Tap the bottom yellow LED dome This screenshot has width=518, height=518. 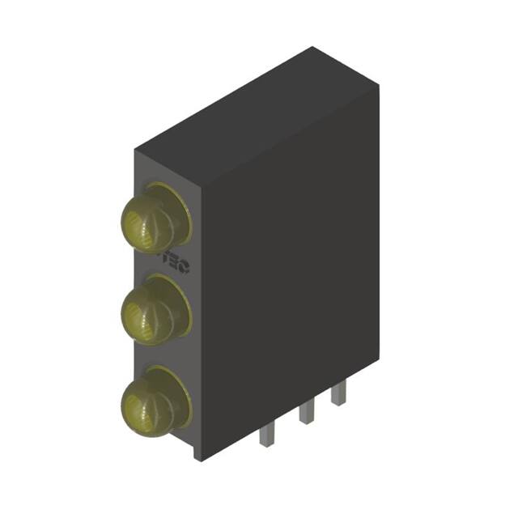pos(146,401)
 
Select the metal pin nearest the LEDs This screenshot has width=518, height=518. pos(267,437)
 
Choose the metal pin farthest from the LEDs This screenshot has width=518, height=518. pos(338,394)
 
